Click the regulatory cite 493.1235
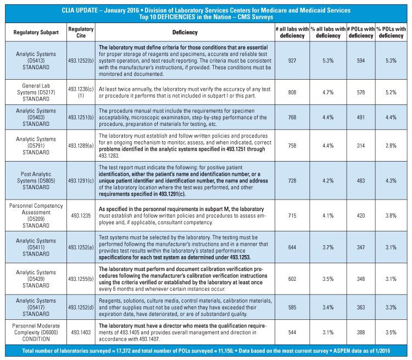81,216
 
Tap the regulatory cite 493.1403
81,332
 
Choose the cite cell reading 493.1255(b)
81,279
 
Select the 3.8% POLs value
391,216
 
